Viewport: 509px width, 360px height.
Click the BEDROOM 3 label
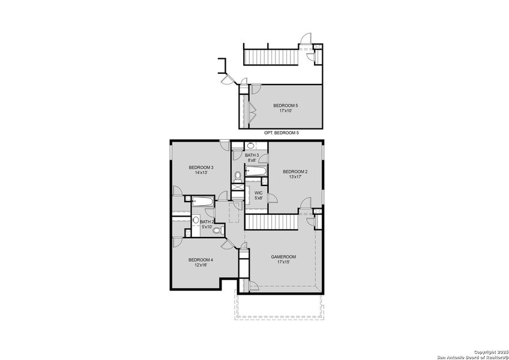(201, 167)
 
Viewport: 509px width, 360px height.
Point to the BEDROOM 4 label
(200, 260)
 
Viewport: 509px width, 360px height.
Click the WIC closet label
(258, 193)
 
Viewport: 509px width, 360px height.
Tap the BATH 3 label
(251, 155)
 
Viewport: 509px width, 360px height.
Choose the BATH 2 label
(206, 221)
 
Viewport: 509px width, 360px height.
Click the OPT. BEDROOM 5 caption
(281, 132)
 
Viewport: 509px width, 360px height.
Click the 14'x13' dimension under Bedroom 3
(201, 172)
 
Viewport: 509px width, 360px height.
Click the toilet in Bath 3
(238, 176)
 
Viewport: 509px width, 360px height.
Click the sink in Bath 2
(195, 220)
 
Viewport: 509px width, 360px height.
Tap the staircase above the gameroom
(271, 221)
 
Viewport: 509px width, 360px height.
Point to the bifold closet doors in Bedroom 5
(252, 110)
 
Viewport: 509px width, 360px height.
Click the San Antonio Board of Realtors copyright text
(472, 354)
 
